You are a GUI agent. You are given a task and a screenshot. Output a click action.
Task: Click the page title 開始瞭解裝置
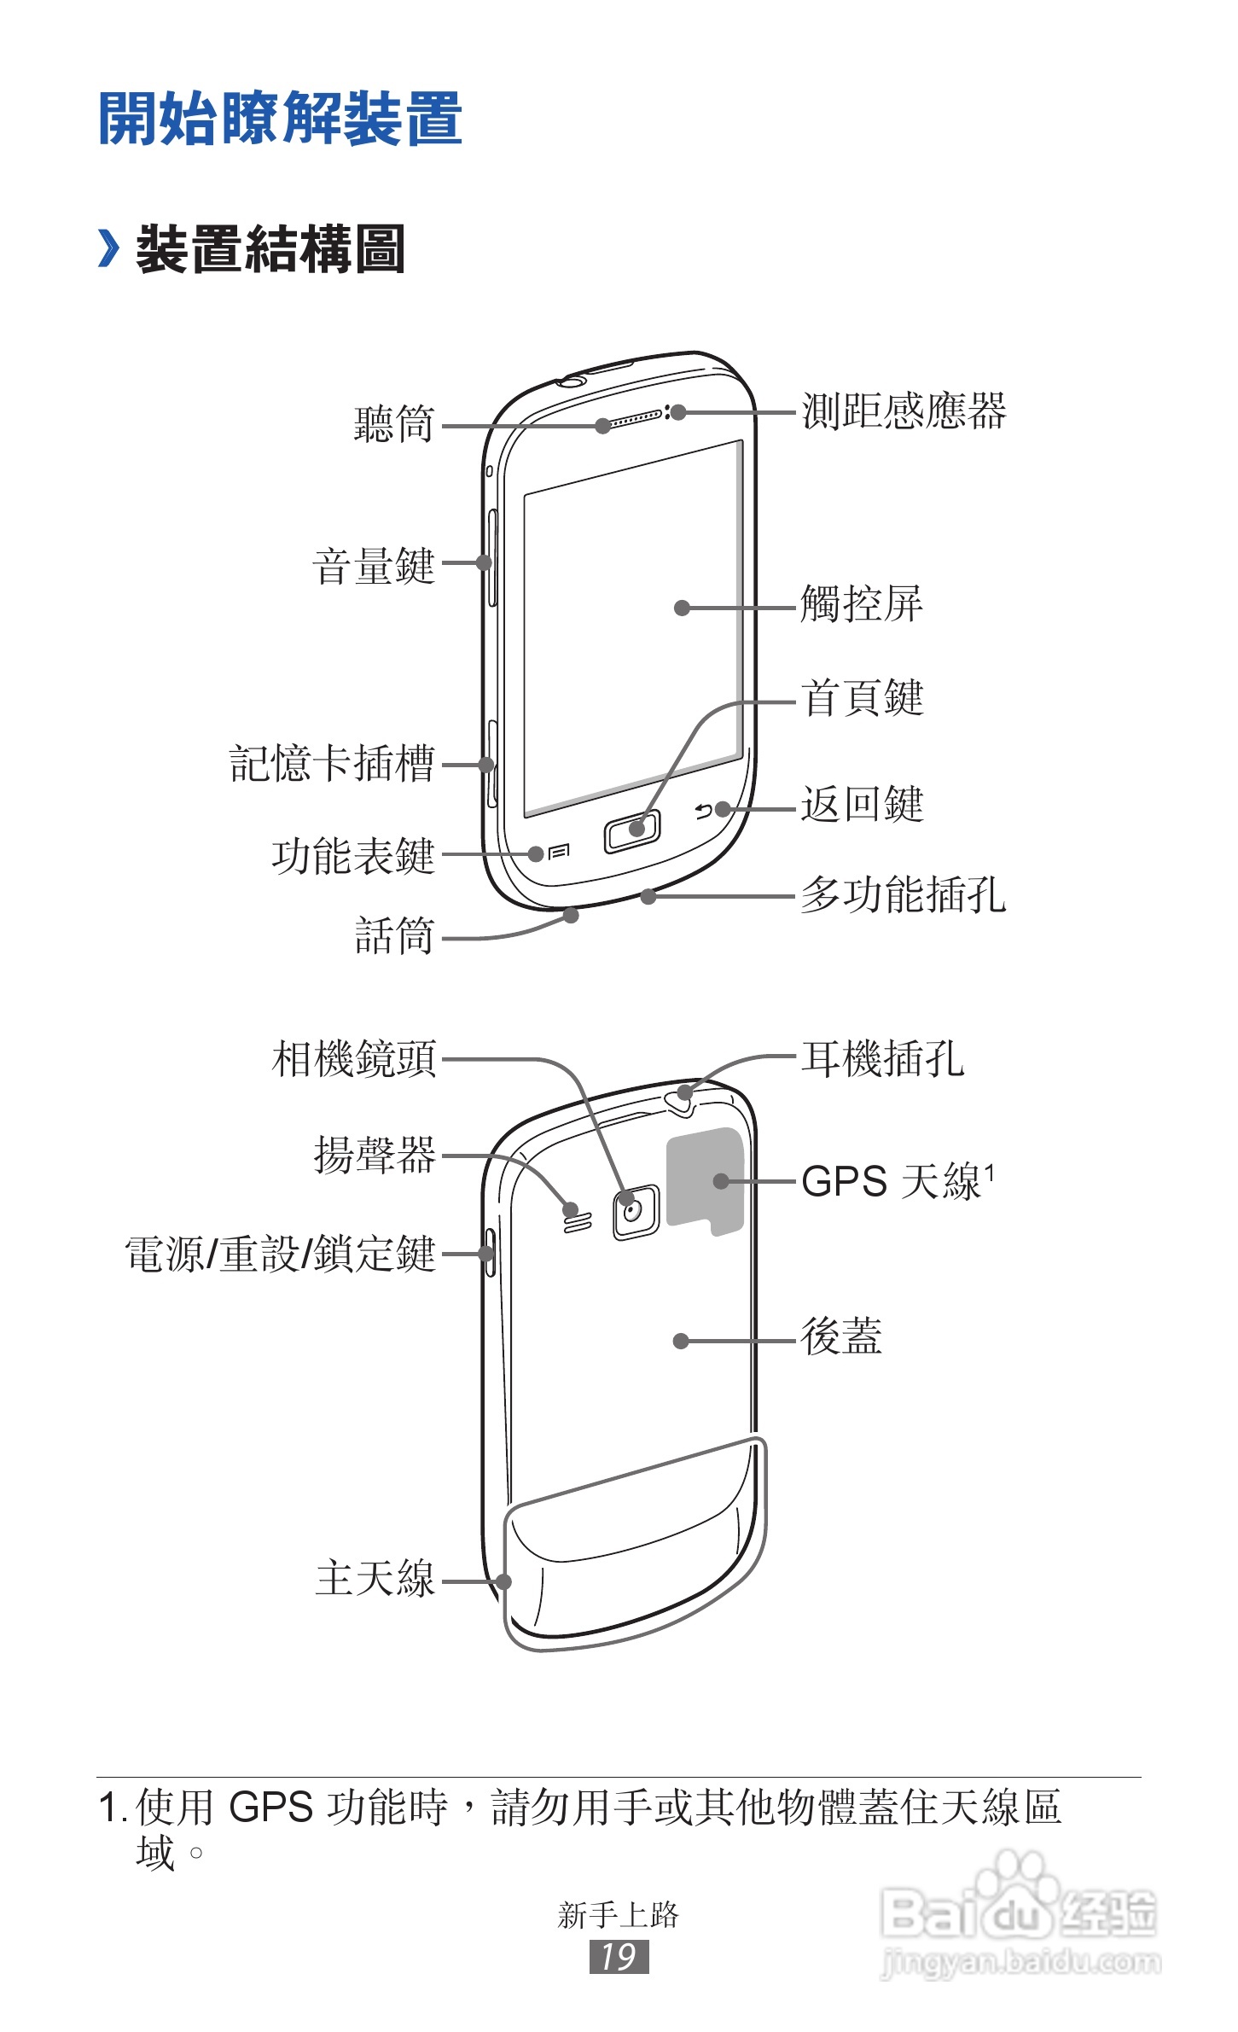pos(280,119)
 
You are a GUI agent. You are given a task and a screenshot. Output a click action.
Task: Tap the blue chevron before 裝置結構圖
pos(108,248)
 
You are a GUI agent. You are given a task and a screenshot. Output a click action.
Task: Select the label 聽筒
pos(394,424)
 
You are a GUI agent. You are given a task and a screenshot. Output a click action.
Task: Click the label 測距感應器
pos(904,411)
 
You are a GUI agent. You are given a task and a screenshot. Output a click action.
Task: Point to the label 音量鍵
pos(374,566)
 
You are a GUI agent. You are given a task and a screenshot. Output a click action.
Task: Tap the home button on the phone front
pos(632,831)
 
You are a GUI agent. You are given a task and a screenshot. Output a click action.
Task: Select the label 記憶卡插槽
pos(332,763)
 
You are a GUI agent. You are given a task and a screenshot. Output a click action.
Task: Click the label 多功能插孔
pos(903,895)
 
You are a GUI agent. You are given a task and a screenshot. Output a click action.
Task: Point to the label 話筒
pos(394,935)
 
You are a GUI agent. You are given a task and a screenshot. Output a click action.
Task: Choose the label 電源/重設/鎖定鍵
pos(281,1255)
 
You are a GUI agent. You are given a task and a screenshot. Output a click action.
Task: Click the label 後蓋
pos(840,1336)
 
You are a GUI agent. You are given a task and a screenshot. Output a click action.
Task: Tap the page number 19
pos(619,1957)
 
